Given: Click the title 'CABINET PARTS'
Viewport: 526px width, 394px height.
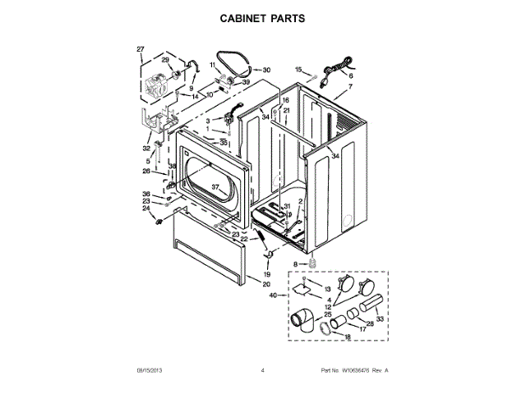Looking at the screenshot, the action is point(262,16).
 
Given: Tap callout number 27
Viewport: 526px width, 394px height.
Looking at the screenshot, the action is point(140,49).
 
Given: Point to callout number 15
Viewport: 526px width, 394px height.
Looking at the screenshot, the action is point(298,70).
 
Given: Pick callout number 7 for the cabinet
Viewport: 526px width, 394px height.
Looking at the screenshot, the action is point(350,86).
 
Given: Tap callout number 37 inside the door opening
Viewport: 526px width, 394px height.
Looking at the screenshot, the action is point(215,189).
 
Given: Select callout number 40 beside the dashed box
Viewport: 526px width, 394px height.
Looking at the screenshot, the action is point(273,295).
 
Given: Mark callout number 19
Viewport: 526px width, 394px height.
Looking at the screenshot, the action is point(266,274).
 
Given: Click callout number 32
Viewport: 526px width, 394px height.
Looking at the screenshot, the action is point(146,149).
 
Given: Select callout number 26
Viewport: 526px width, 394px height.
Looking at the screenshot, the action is point(145,172).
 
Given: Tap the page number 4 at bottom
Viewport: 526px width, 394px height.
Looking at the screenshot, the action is point(262,371).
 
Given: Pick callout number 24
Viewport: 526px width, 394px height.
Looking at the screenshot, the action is point(145,208).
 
